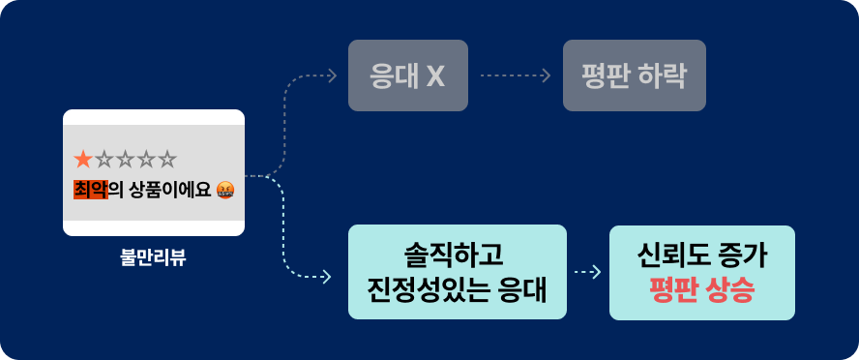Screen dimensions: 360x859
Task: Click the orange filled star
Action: click(84, 158)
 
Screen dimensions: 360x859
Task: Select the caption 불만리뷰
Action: click(153, 258)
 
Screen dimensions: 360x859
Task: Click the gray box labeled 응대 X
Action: click(407, 75)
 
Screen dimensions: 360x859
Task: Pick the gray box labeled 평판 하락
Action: click(635, 75)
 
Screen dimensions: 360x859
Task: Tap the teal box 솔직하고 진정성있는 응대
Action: click(457, 272)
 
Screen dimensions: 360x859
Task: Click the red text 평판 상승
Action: click(701, 289)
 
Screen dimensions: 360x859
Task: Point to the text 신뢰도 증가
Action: click(701, 255)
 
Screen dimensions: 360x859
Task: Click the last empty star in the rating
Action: click(167, 158)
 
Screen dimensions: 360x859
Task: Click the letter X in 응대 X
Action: click(435, 75)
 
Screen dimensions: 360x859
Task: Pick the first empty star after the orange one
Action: click(104, 158)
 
